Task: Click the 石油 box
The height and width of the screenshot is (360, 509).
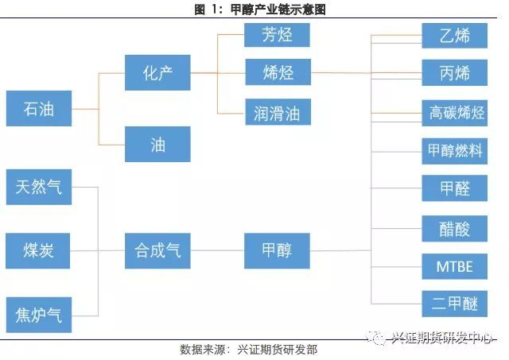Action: [x=38, y=109]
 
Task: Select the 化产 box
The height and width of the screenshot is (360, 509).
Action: [x=157, y=73]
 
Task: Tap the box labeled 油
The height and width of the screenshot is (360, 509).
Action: [x=157, y=144]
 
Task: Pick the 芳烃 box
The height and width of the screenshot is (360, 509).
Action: [x=277, y=35]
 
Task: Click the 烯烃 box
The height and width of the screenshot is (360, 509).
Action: [x=277, y=73]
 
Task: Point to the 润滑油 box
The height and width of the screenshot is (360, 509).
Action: [x=277, y=111]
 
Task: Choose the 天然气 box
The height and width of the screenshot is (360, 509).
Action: [x=38, y=187]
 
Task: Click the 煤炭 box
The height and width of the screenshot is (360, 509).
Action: [x=38, y=251]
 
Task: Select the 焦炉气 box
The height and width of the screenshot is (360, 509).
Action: [x=38, y=315]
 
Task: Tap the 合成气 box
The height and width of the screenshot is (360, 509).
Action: [x=157, y=251]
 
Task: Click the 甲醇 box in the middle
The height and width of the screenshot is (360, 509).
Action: [x=277, y=251]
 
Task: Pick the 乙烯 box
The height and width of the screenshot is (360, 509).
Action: [x=454, y=36]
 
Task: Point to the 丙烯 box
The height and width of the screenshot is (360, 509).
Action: [x=454, y=73]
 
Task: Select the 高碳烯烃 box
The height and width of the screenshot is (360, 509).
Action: [x=454, y=112]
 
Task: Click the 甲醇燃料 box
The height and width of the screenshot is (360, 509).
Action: [x=454, y=150]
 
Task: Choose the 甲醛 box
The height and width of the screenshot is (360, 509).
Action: [x=454, y=188]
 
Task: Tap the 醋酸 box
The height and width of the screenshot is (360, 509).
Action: [x=454, y=227]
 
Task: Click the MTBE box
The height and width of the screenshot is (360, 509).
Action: [x=454, y=265]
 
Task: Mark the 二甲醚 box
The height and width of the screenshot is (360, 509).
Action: [x=454, y=304]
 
